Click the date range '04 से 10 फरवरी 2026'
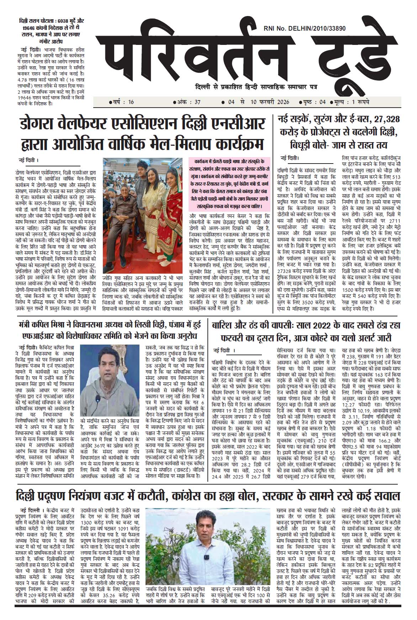[x=254, y=102]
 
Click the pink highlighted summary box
[x=229, y=184]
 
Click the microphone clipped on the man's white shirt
[x=206, y=557]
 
